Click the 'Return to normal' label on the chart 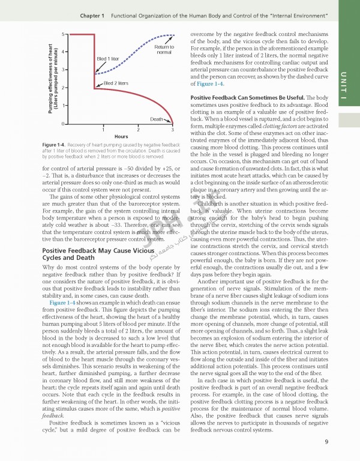tap(164, 49)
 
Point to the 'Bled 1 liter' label tap(109, 59)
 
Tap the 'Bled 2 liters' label tap(116, 83)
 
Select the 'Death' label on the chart tap(157, 119)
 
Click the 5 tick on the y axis tap(64, 35)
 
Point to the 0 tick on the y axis tap(64, 124)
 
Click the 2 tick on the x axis tap(138, 130)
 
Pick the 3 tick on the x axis tap(172, 130)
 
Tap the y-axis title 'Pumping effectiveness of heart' tap(50, 79)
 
